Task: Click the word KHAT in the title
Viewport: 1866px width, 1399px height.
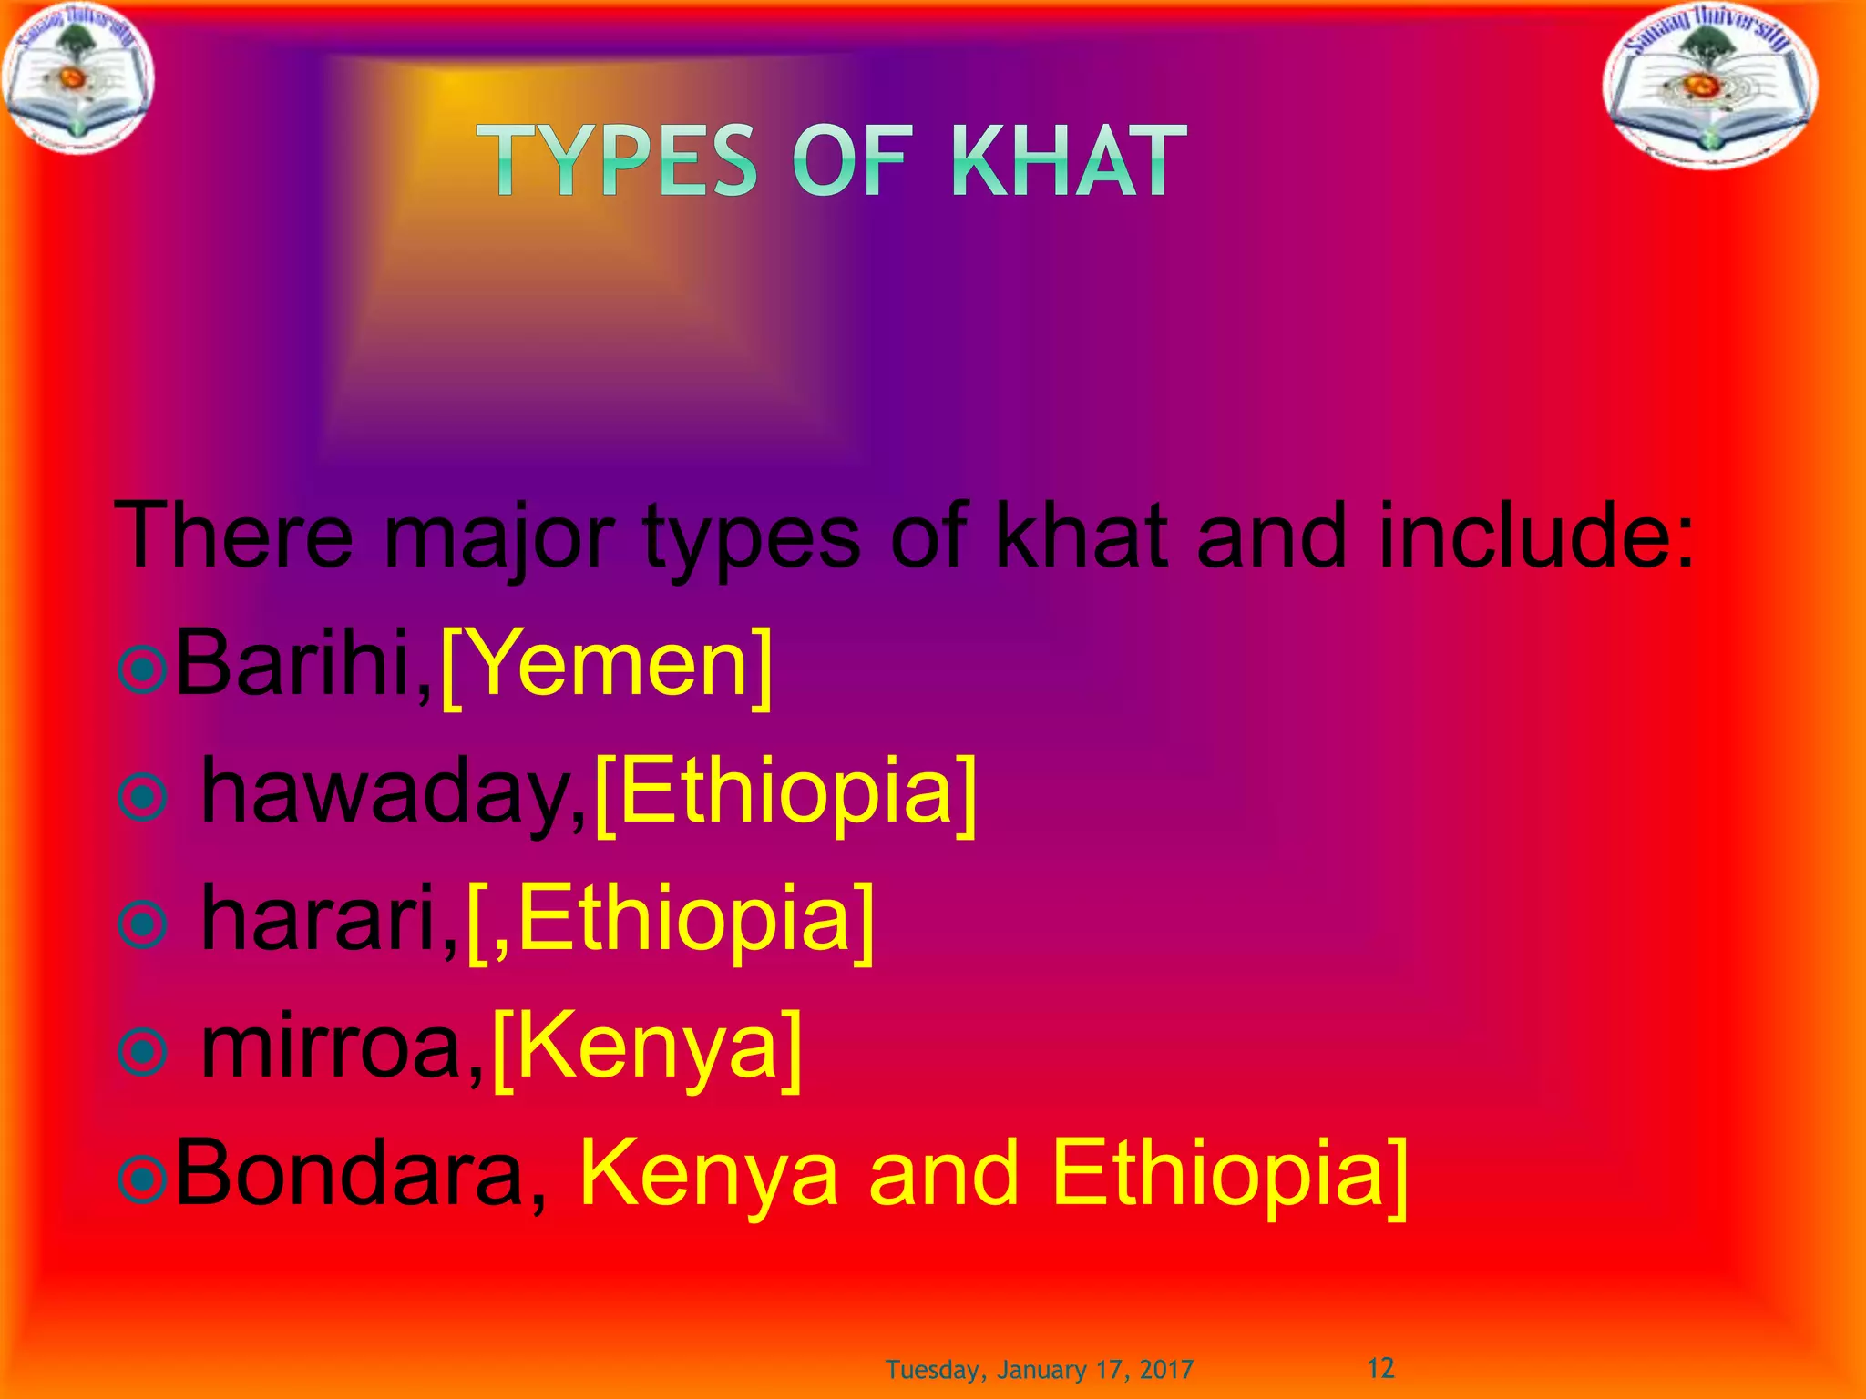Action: pyautogui.click(x=1068, y=161)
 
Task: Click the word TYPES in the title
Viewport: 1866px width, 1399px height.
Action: pyautogui.click(x=617, y=161)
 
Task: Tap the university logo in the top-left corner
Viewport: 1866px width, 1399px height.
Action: pyautogui.click(x=77, y=77)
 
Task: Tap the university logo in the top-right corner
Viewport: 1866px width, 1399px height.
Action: pyautogui.click(x=1710, y=89)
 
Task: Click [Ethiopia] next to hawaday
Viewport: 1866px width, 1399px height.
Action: pyautogui.click(x=785, y=791)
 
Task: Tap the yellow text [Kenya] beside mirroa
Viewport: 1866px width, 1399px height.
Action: pyautogui.click(x=647, y=1047)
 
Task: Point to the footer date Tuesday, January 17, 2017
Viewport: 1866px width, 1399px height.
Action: pyautogui.click(x=1040, y=1370)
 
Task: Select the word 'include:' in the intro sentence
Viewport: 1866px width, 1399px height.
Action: pyautogui.click(x=1536, y=536)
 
